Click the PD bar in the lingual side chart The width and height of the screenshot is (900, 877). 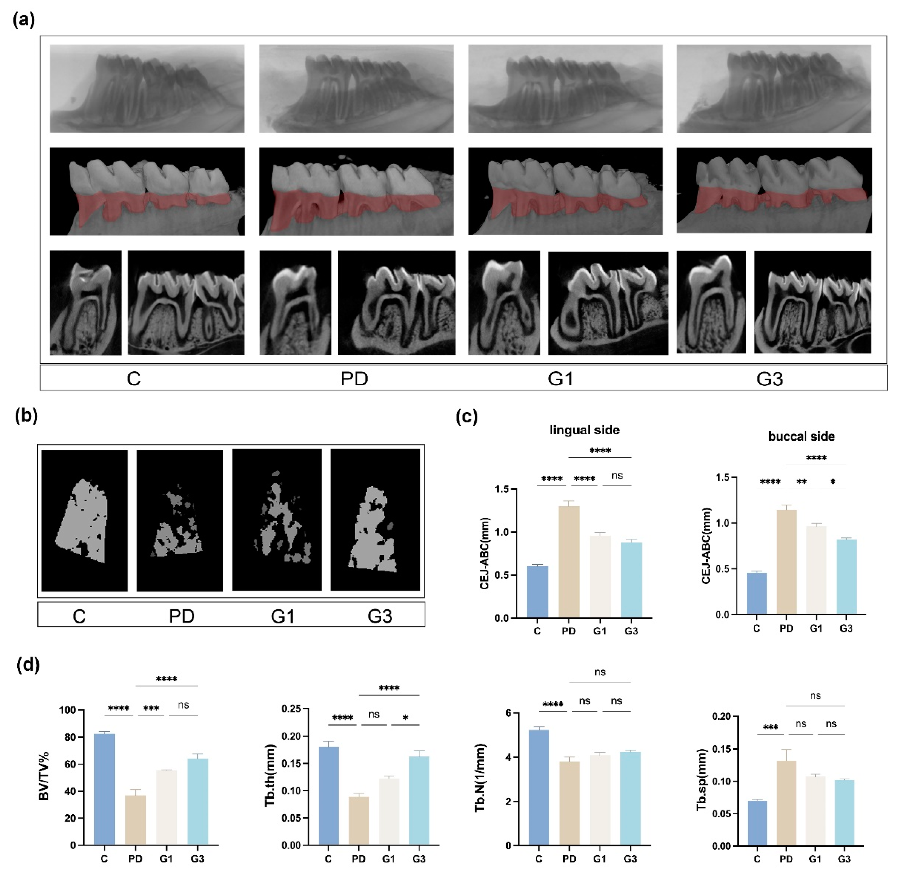point(569,562)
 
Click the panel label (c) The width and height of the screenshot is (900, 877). point(466,417)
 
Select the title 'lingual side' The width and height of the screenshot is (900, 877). point(584,430)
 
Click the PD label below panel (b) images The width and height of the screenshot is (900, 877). point(181,616)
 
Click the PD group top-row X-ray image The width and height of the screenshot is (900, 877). point(356,88)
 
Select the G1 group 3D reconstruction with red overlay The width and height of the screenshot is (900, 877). point(565,191)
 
